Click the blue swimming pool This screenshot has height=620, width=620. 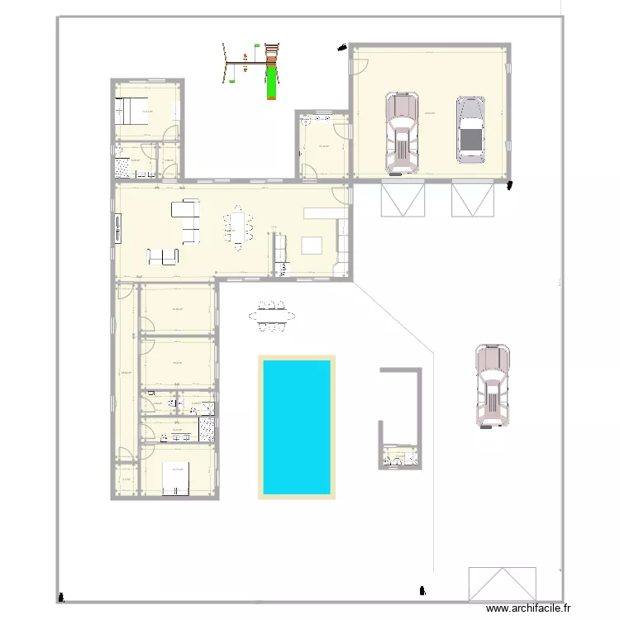click(297, 427)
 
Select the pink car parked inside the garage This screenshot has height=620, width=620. click(402, 134)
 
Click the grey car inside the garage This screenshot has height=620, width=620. click(470, 129)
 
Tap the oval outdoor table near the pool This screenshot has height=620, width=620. click(271, 315)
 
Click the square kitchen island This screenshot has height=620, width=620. click(313, 246)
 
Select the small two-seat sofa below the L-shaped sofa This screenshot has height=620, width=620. click(163, 257)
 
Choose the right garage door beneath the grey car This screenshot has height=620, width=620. click(472, 199)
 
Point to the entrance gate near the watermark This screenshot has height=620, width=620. click(501, 584)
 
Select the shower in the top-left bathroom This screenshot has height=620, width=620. click(122, 168)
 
